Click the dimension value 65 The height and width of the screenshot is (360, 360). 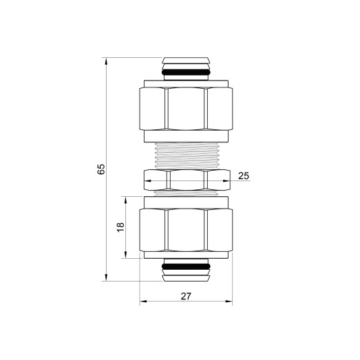(101, 169)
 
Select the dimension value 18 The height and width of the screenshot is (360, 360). (120, 227)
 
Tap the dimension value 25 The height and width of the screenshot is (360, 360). (243, 176)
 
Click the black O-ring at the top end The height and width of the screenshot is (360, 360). (186, 72)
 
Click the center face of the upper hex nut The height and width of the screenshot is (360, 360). (186, 108)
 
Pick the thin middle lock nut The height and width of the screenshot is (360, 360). (186, 181)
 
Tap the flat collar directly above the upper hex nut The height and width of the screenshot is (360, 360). (186, 83)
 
